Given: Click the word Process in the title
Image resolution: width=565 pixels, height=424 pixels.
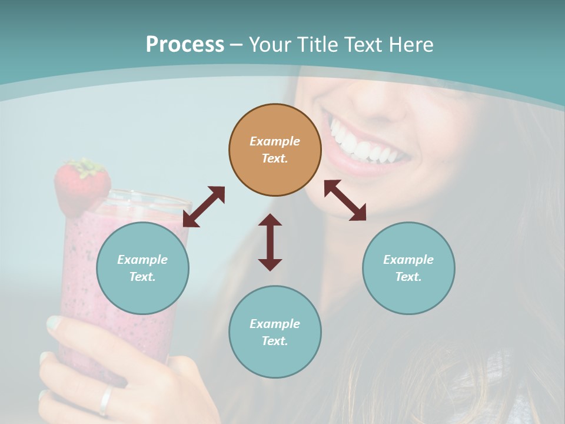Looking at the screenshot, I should [x=185, y=45].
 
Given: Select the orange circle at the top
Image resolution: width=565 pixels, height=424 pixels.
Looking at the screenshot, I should [x=275, y=150].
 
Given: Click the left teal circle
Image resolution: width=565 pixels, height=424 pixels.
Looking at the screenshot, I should [x=142, y=268].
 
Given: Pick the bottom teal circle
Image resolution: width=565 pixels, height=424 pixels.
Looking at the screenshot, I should [x=275, y=332].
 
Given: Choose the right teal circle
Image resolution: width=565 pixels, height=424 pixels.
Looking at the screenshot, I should [x=408, y=268].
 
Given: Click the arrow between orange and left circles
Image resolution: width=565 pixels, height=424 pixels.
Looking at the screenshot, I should [x=204, y=207].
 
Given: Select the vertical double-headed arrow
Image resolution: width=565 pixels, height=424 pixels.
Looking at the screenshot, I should [x=270, y=242].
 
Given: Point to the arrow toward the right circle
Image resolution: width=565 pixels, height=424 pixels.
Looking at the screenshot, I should [x=345, y=200].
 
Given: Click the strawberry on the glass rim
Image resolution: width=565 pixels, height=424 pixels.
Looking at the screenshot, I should [x=81, y=187].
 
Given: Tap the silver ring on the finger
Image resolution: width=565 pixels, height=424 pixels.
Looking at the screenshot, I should [x=105, y=400].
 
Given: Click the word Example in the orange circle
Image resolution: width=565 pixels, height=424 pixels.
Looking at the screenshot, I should [x=275, y=141].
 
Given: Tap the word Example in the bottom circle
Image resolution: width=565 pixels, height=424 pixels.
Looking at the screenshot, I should [x=275, y=324].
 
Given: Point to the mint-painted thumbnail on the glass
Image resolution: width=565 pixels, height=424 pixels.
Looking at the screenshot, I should [x=54, y=323].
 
